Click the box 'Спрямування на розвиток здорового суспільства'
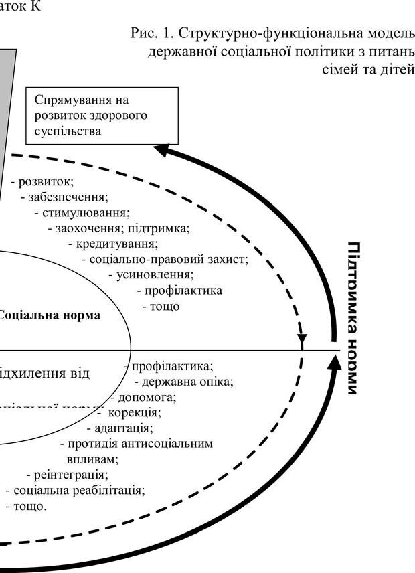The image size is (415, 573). click(x=102, y=116)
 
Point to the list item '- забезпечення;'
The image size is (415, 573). click(x=64, y=197)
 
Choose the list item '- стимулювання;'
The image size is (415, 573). click(x=82, y=213)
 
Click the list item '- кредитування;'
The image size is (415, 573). click(x=113, y=244)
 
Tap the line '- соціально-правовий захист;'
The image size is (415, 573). click(x=165, y=259)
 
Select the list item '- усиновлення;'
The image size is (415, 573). click(x=151, y=274)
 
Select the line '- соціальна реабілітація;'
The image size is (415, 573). click(x=75, y=490)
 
